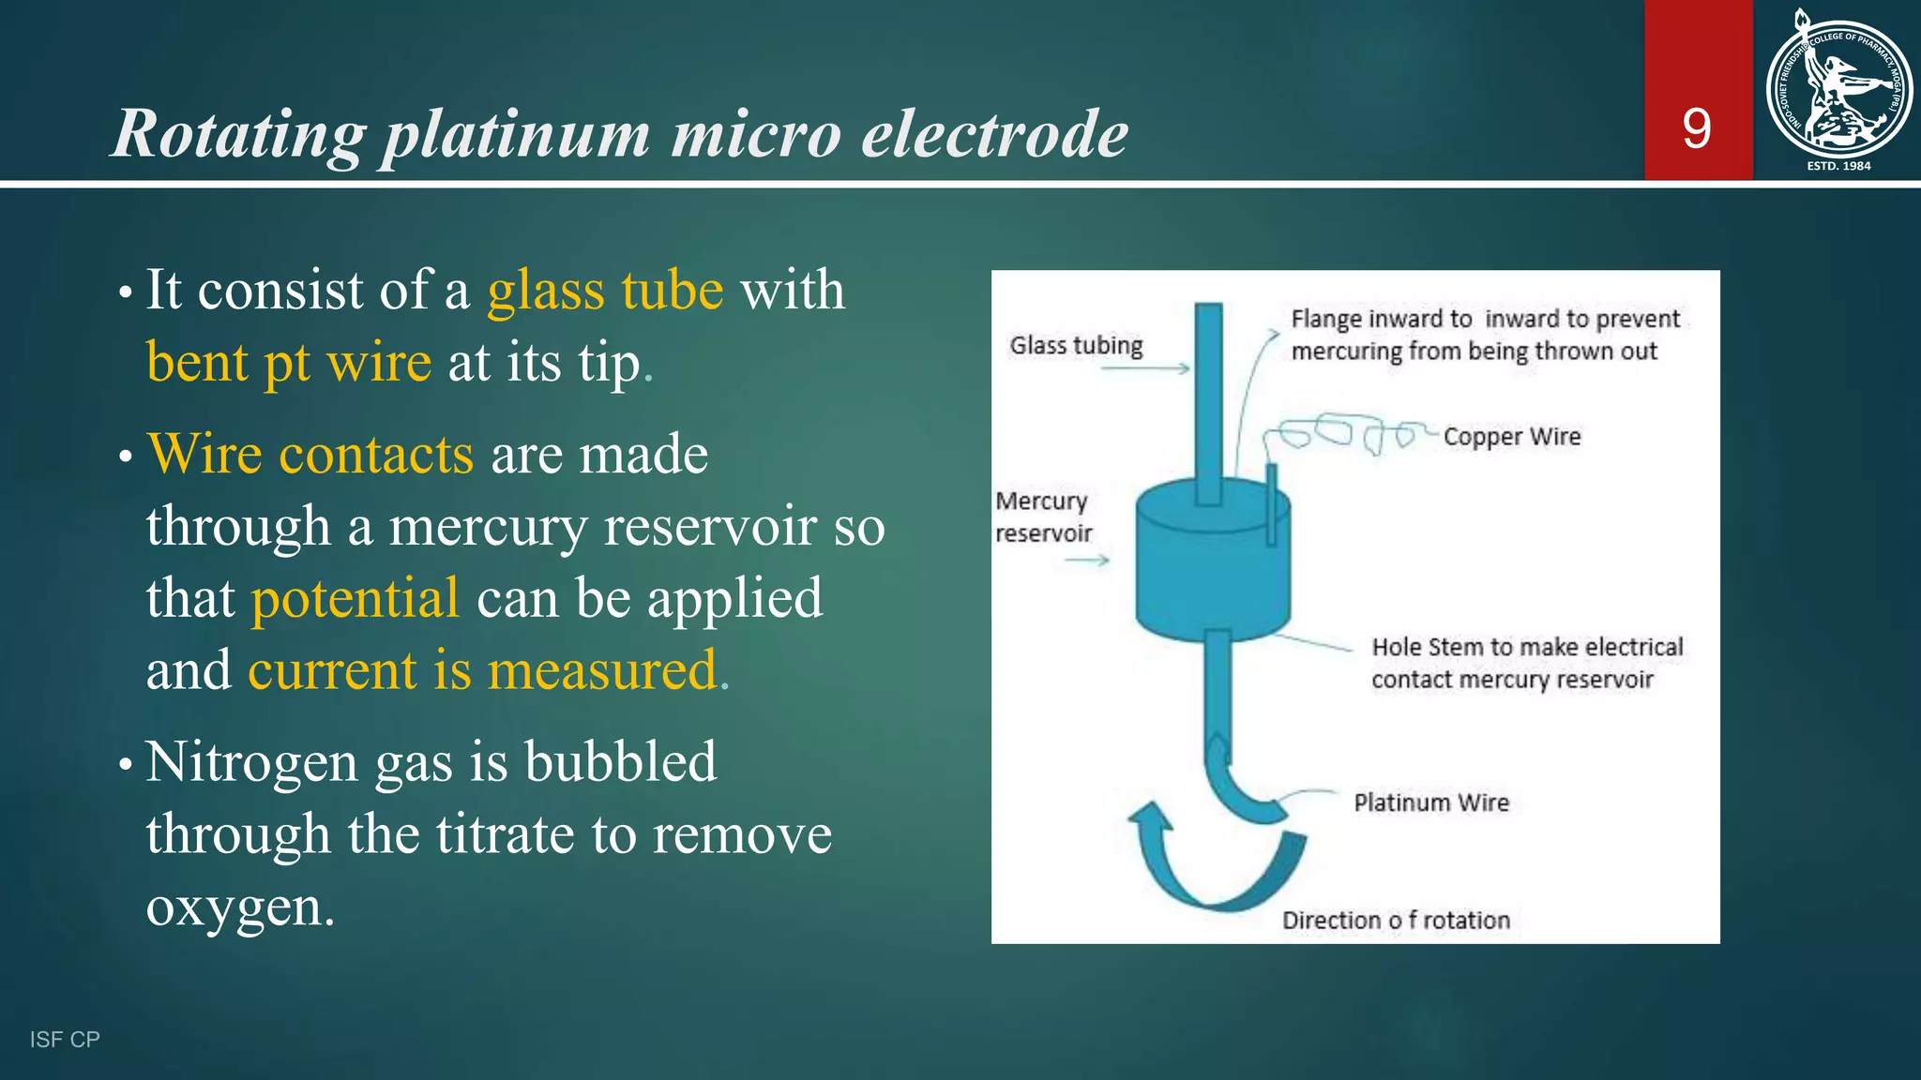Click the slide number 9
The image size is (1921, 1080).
(x=1696, y=128)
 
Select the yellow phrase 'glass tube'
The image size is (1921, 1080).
(x=605, y=290)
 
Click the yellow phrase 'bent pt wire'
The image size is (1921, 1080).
(x=288, y=362)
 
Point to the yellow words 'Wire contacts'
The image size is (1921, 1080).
(x=310, y=455)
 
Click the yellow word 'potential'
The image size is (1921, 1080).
(x=355, y=598)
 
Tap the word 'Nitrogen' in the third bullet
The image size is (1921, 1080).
(x=251, y=761)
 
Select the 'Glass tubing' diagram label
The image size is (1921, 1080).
(x=1076, y=346)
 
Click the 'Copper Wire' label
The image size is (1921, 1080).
(x=1511, y=437)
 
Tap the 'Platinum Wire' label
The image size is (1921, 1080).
(x=1430, y=803)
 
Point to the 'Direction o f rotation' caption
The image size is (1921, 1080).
(x=1396, y=921)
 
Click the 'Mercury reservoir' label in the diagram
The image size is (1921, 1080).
(x=1042, y=517)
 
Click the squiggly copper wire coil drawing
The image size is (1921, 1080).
(x=1341, y=434)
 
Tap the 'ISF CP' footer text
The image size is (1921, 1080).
(x=65, y=1040)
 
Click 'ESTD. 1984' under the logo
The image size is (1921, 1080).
(x=1838, y=166)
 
